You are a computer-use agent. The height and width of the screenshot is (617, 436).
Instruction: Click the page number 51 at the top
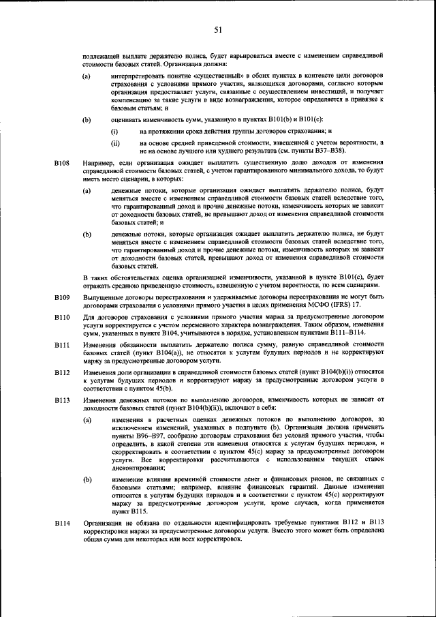pyautogui.click(x=218, y=29)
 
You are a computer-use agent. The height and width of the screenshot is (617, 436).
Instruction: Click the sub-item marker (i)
pyautogui.click(x=115, y=130)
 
